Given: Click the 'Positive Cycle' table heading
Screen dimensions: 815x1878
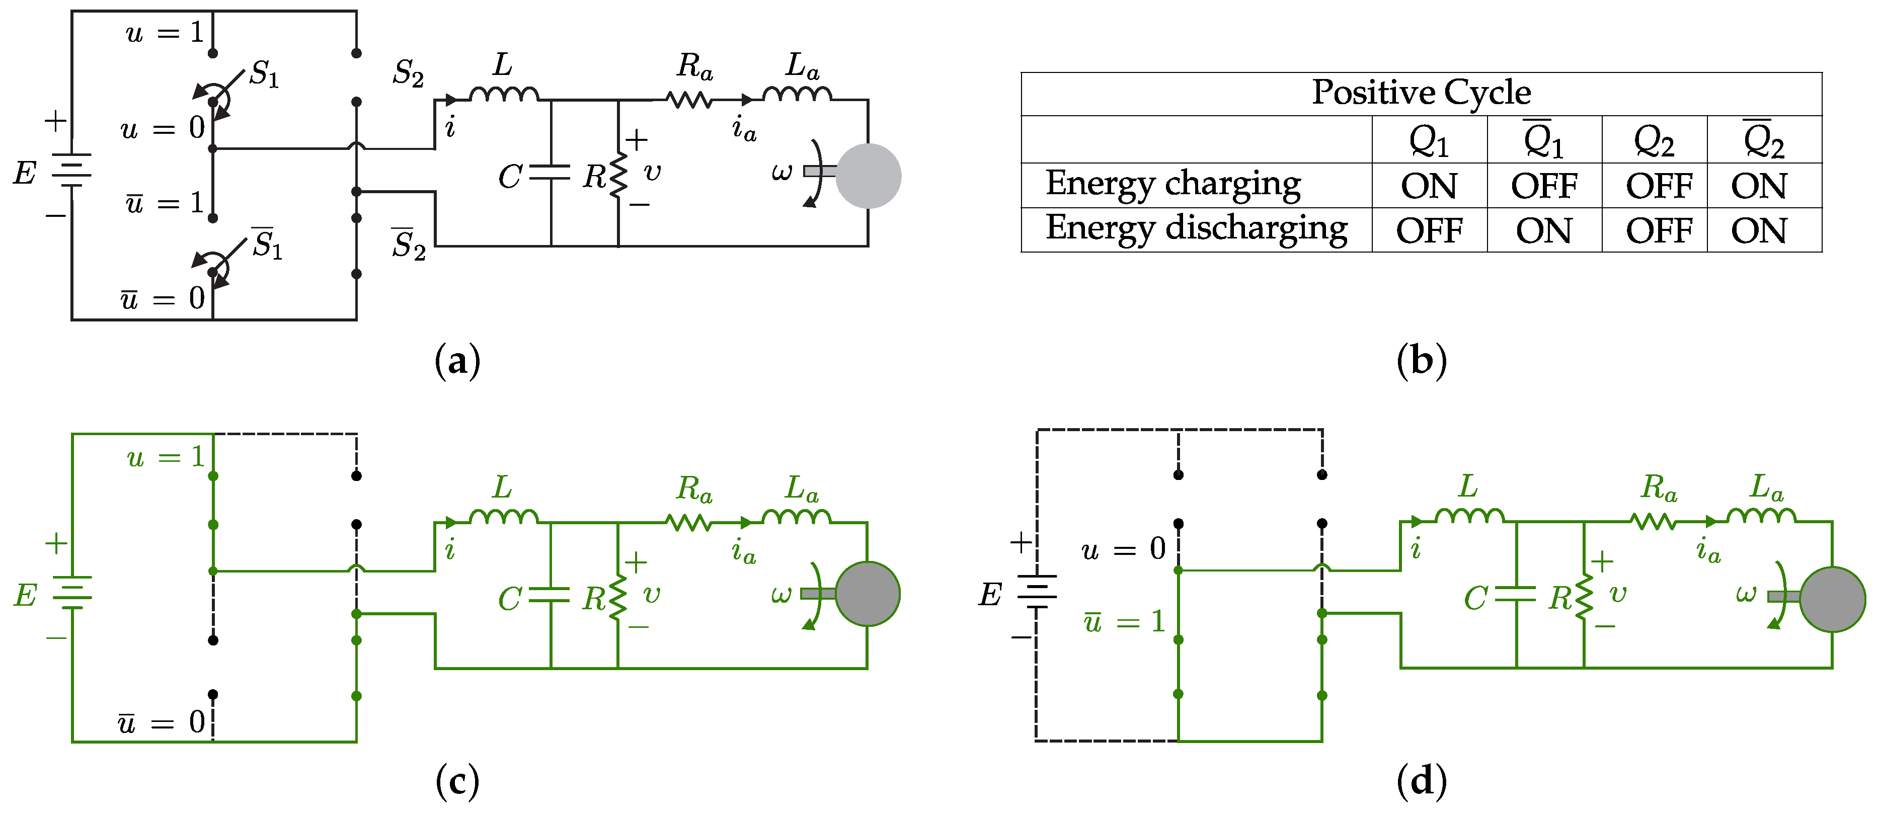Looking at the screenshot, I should click(1421, 93).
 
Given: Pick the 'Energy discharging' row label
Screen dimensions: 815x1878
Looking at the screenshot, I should click(1196, 229).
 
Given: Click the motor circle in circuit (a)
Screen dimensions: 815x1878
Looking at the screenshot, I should click(868, 176).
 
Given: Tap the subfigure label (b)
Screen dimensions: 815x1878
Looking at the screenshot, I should click(1421, 361).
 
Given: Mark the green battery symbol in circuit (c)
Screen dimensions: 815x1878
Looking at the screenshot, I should click(72, 592).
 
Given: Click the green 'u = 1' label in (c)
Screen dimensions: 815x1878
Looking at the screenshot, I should click(166, 457).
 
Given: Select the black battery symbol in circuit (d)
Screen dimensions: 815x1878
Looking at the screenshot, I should click(1037, 592).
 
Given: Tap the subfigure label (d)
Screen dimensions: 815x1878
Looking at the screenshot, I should click(1421, 781).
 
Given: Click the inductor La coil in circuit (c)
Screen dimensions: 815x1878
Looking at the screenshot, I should click(796, 516).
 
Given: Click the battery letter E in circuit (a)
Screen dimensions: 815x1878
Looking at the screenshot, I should click(25, 174).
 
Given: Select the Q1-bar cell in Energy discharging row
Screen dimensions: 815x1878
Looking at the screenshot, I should click(1543, 230).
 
